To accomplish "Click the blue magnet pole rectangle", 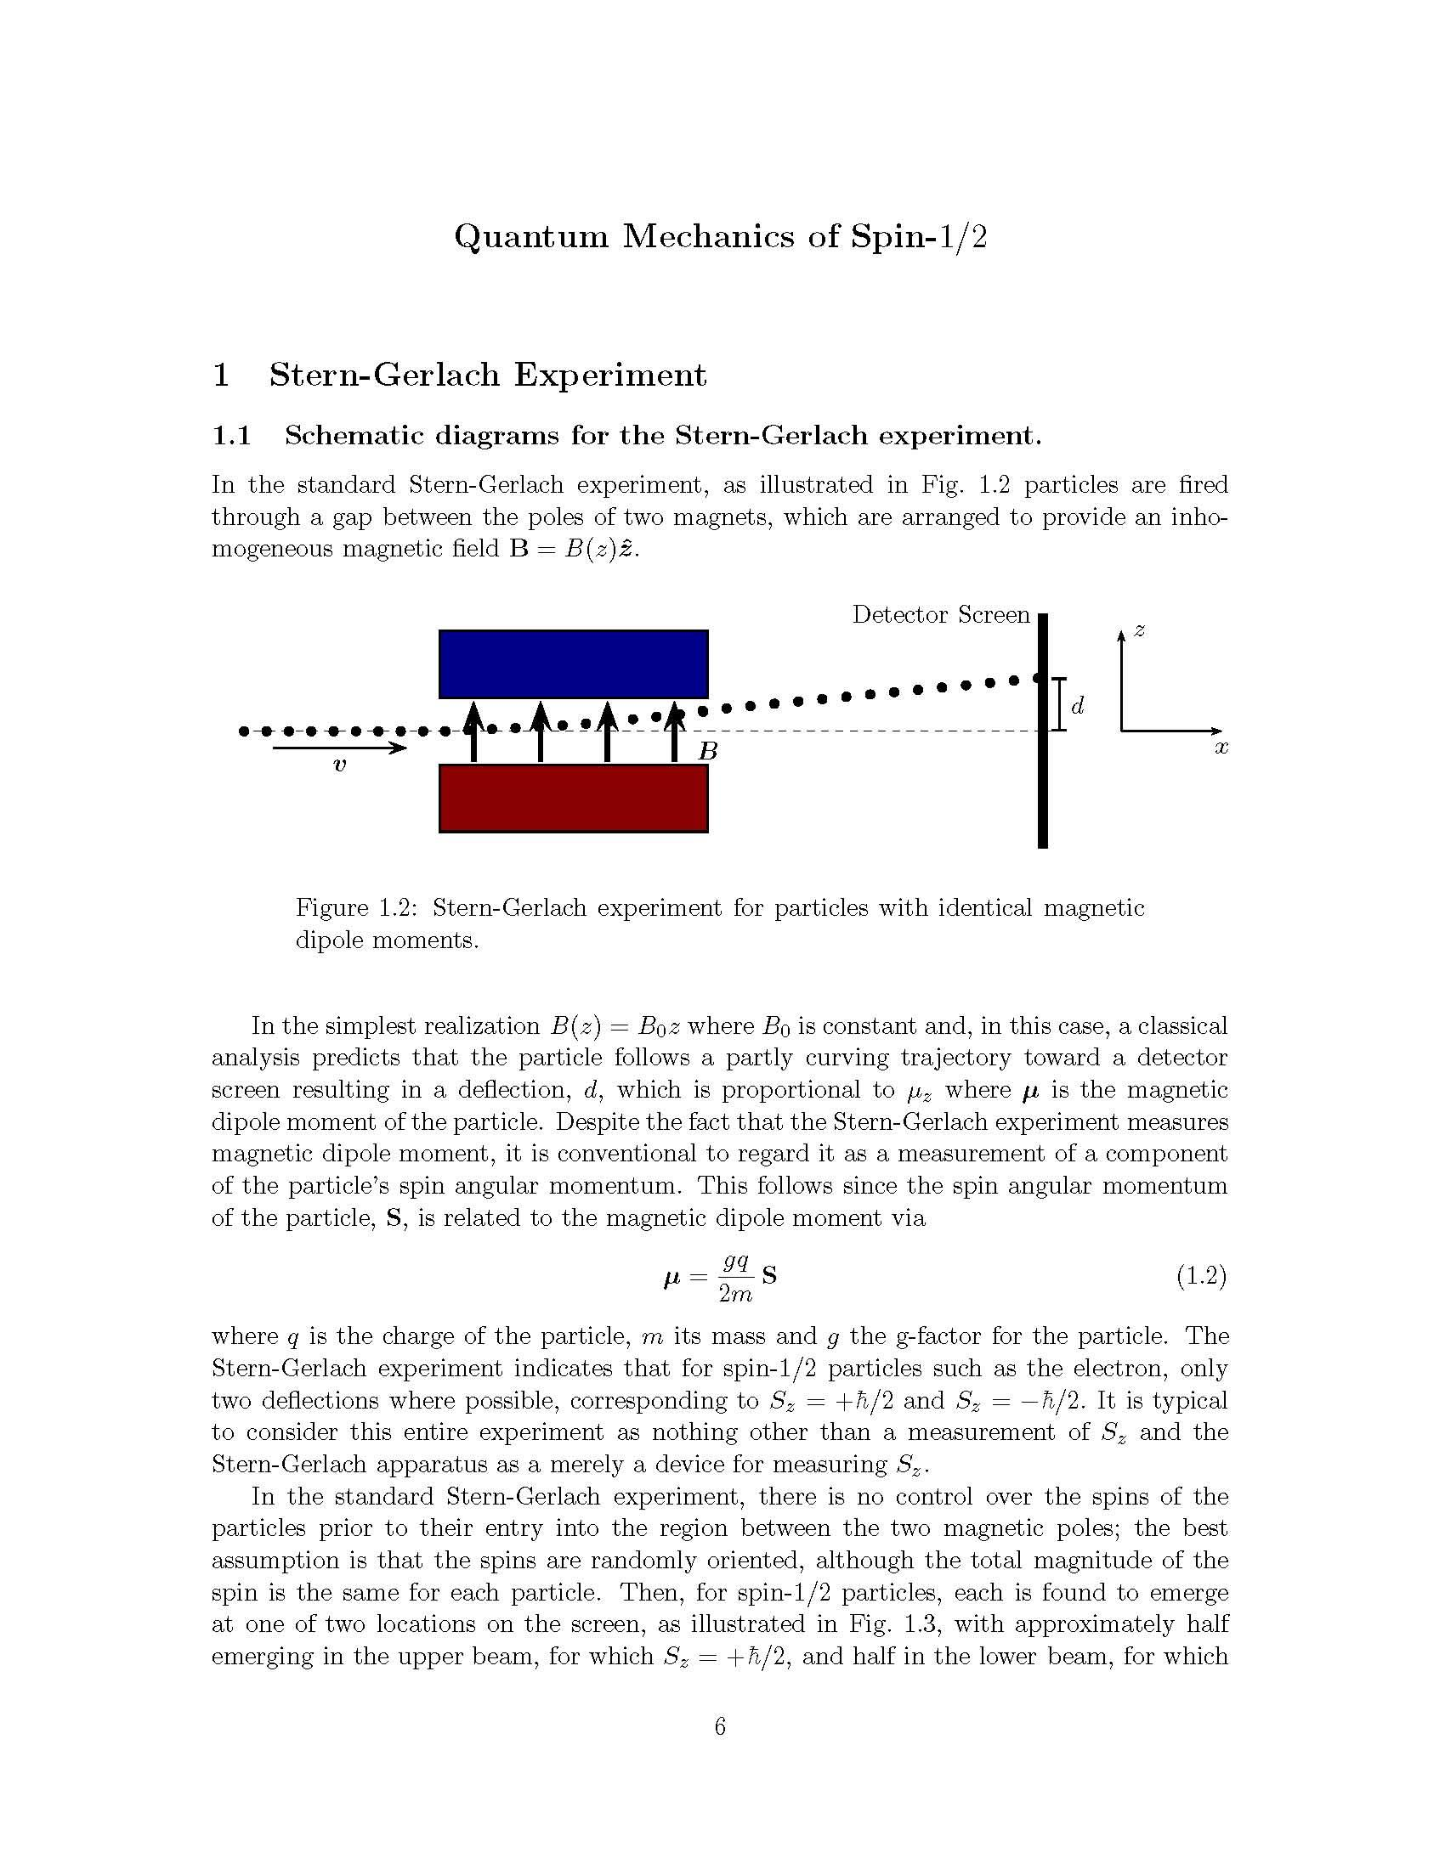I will click(x=573, y=663).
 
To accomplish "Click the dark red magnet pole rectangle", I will click(x=573, y=798).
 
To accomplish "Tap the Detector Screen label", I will click(x=940, y=614).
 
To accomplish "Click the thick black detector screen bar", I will click(x=1042, y=771).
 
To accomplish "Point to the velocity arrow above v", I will click(x=339, y=748).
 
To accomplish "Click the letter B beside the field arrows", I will click(x=707, y=752).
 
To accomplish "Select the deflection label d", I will click(x=1078, y=706).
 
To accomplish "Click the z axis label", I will click(x=1139, y=630).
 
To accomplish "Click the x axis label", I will click(x=1221, y=748).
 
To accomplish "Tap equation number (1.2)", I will click(x=1201, y=1277).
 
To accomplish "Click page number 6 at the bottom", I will click(x=720, y=1727).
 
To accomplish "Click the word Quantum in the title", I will click(x=530, y=236).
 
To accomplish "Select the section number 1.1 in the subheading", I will click(x=231, y=436).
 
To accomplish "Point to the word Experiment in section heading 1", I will click(x=609, y=375).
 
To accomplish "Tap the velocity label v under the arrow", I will click(x=340, y=766).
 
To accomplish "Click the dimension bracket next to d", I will click(x=1059, y=704).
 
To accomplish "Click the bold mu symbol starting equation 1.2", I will click(x=671, y=1279).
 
